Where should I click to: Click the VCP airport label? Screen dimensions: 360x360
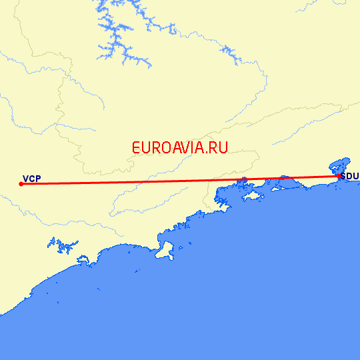pyautogui.click(x=32, y=178)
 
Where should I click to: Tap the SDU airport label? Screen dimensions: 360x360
pyautogui.click(x=350, y=176)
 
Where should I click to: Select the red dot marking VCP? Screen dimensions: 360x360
pyautogui.click(x=21, y=184)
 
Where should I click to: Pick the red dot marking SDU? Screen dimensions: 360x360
pyautogui.click(x=339, y=177)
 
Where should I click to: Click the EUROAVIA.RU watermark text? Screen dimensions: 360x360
pyautogui.click(x=180, y=148)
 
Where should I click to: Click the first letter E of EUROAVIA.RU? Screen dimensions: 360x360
pyautogui.click(x=137, y=148)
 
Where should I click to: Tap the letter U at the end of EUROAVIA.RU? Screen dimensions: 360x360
pyautogui.click(x=223, y=148)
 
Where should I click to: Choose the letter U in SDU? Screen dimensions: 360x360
pyautogui.click(x=356, y=176)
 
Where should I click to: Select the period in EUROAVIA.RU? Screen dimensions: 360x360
pyautogui.click(x=205, y=153)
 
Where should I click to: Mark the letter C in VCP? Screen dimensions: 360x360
pyautogui.click(x=32, y=178)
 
